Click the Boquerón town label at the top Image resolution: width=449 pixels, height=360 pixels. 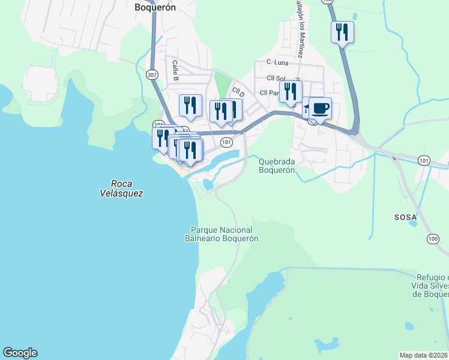point(154,8)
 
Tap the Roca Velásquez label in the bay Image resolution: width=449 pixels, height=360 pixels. point(122,188)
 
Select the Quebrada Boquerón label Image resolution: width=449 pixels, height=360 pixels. point(277,165)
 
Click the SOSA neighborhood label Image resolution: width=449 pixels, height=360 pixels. point(405,217)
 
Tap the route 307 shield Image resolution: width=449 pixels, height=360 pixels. point(152,74)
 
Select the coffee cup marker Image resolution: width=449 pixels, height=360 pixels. point(321,109)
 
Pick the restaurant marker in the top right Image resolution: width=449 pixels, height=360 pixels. point(342,31)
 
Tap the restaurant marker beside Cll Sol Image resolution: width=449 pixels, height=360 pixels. point(291,91)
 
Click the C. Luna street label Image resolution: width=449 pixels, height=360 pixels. point(278,62)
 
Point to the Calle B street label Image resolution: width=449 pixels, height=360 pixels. point(176,70)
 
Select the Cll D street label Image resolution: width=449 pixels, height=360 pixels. point(239,92)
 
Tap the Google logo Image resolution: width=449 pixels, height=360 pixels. point(20,353)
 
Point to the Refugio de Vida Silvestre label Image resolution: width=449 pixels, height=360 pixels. point(432,286)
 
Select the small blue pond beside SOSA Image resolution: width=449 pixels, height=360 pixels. point(412,225)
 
